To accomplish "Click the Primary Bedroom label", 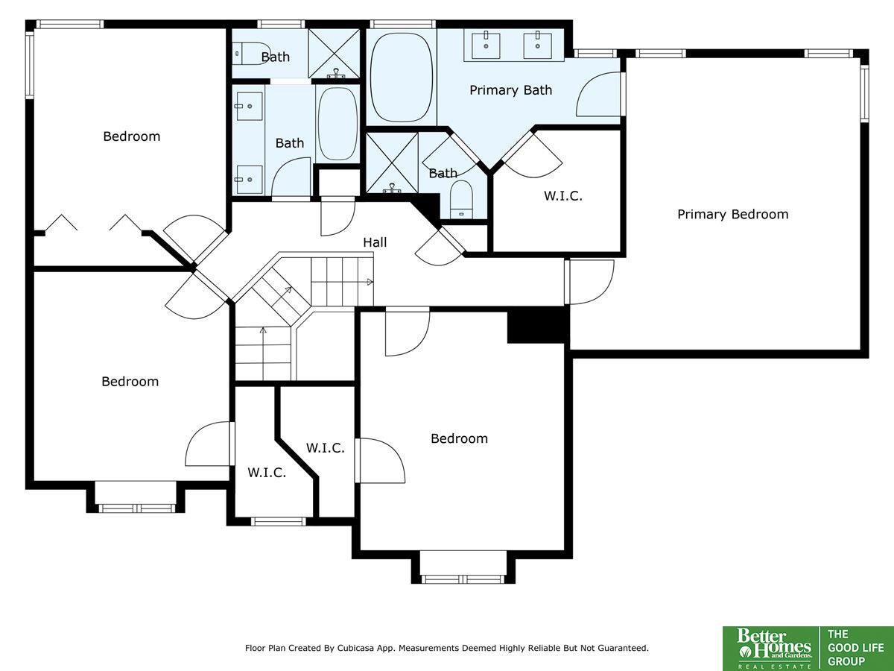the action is tap(733, 214).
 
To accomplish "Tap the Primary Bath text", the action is tap(511, 90).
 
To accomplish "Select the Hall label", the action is tap(375, 242).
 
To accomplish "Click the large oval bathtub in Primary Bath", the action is tap(402, 78).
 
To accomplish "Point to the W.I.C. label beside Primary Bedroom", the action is tap(563, 196).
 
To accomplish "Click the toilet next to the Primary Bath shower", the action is tap(461, 200).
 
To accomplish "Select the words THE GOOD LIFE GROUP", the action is tap(855, 648).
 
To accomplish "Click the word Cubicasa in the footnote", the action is tap(354, 648).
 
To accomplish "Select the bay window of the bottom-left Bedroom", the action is tap(136, 508).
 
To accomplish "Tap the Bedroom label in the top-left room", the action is tap(132, 136).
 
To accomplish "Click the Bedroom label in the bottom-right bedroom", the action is tap(459, 439).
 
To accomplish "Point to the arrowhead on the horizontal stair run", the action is tap(370, 282).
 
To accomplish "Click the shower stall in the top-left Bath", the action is tap(334, 53).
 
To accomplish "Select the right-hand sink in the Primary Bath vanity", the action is tap(538, 46).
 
